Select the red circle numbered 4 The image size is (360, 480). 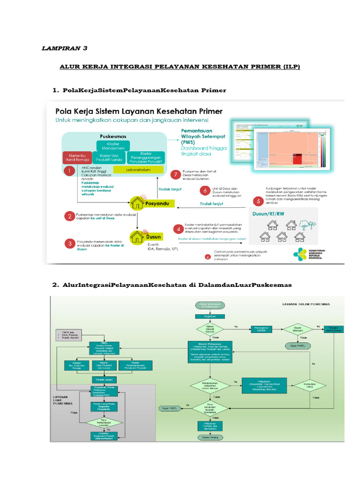pos(178,229)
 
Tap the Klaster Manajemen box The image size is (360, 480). pos(113,145)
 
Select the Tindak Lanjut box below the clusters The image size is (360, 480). pos(103,379)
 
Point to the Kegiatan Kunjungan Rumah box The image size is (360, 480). pos(103,436)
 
